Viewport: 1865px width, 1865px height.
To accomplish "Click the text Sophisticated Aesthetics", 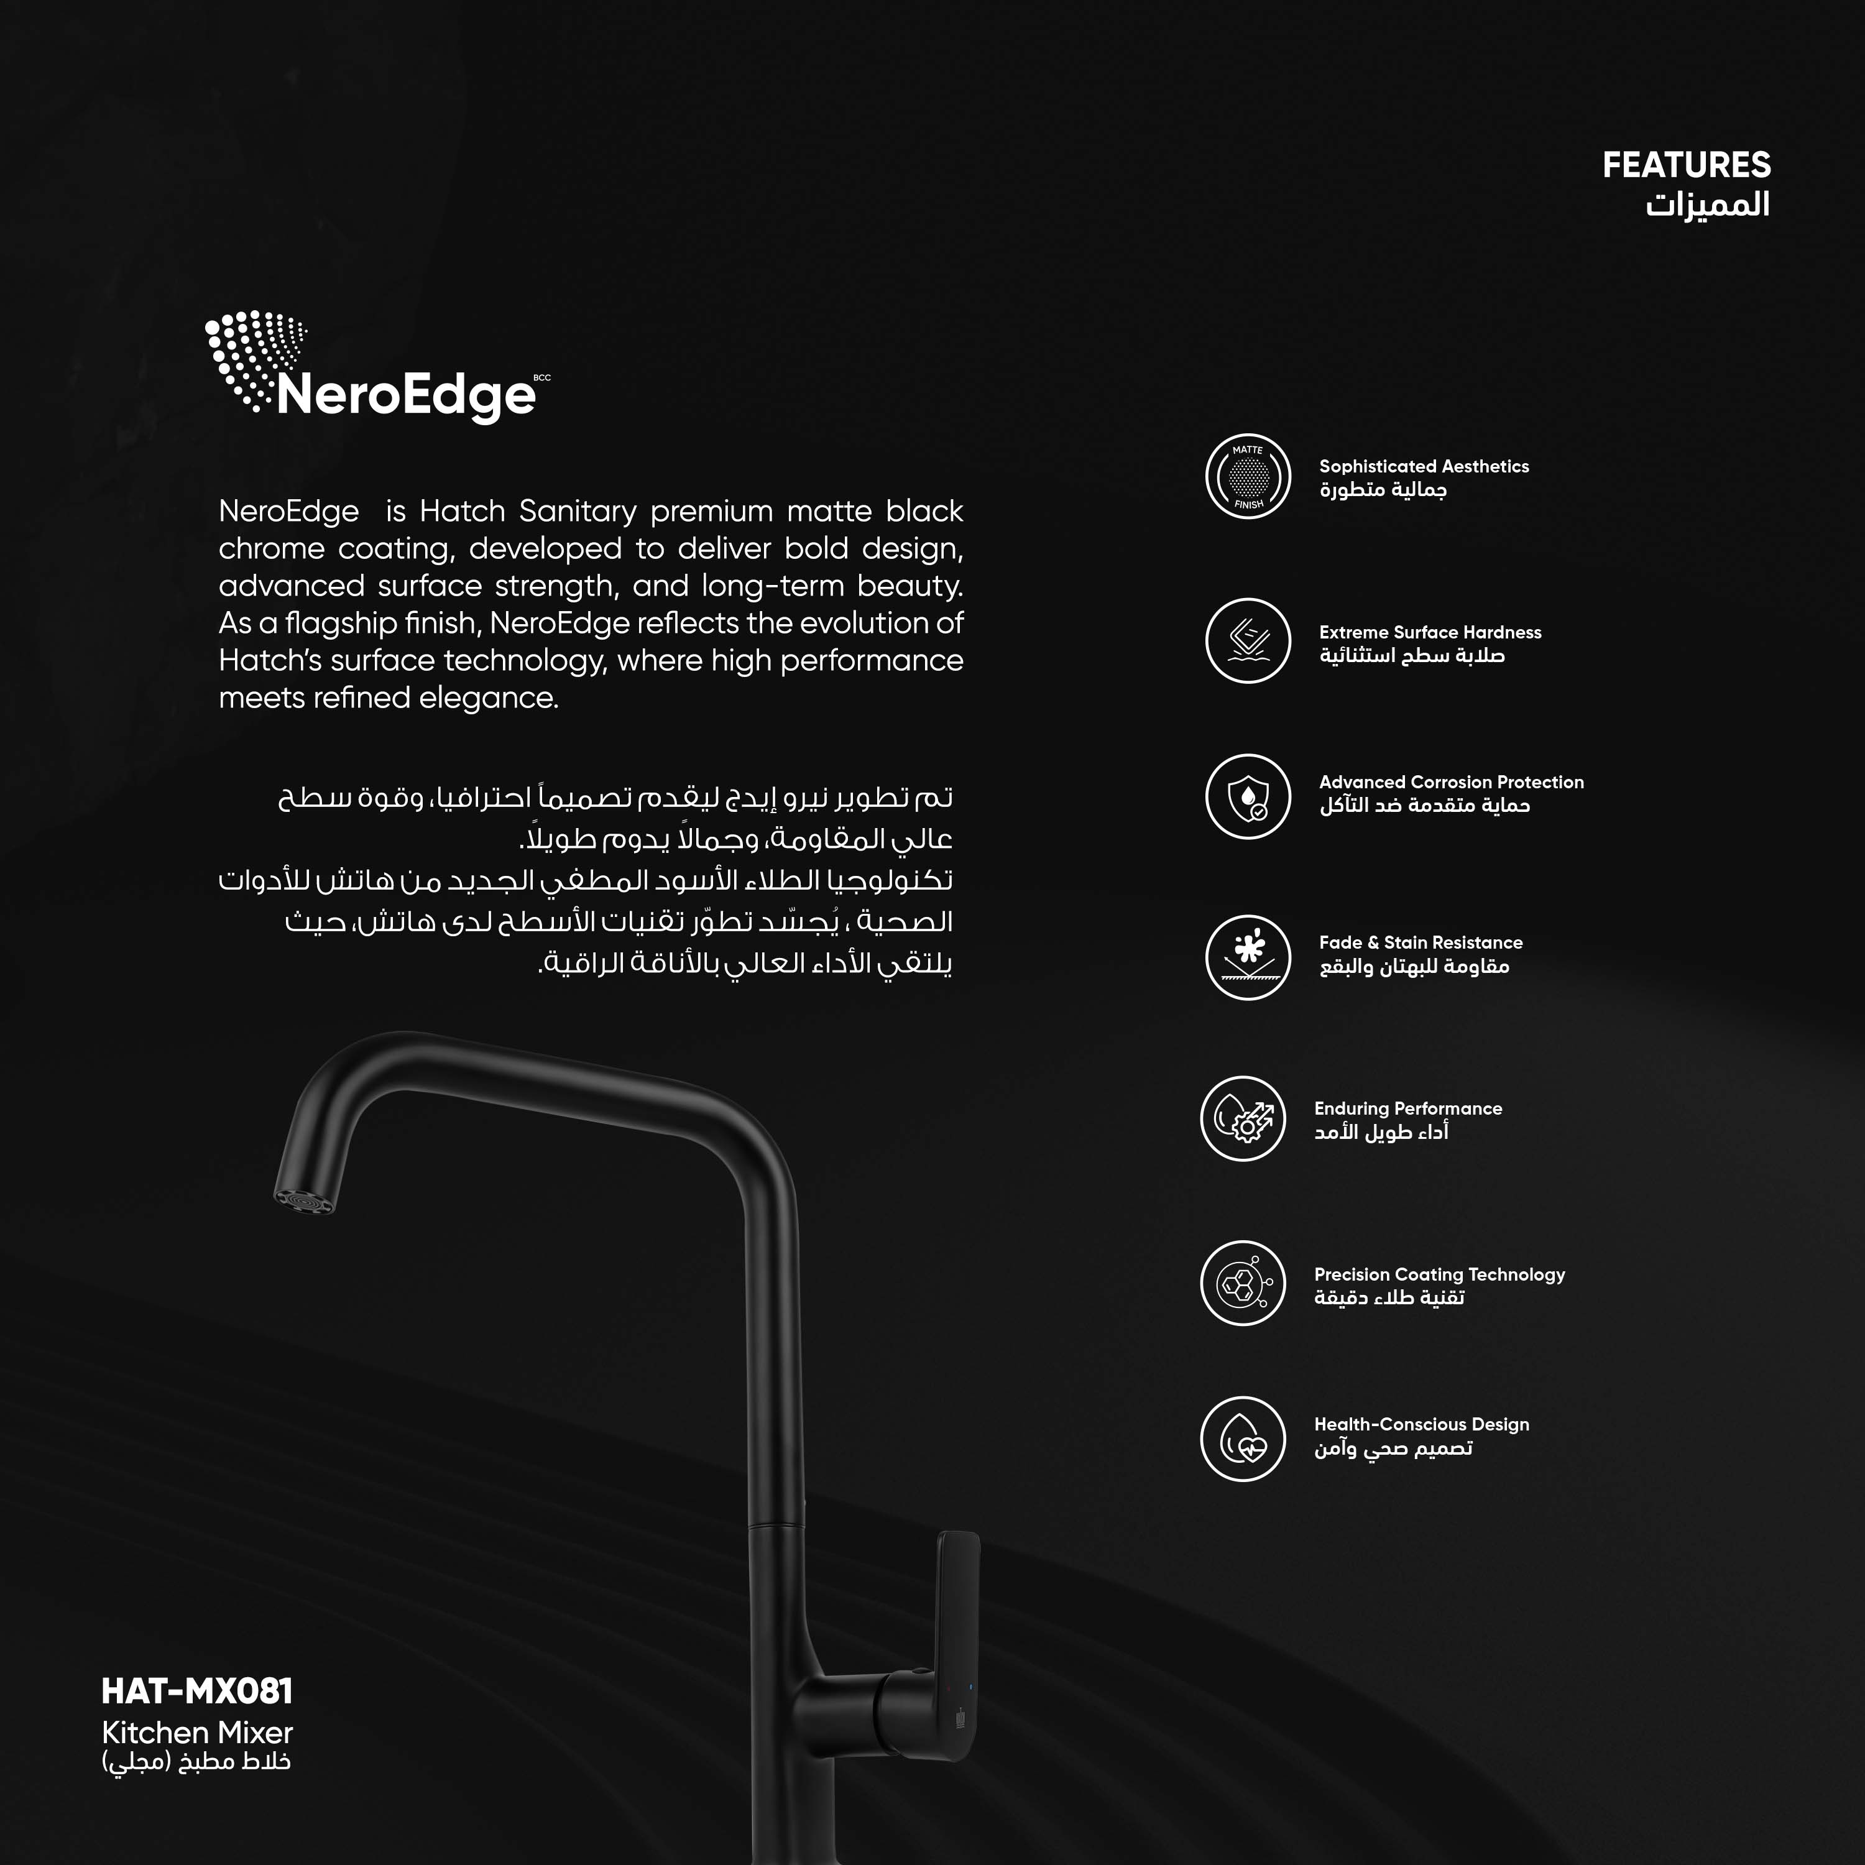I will pos(1424,466).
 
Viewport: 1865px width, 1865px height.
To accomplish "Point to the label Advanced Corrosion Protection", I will pos(1451,782).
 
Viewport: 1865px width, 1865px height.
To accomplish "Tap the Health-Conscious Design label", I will pos(1421,1424).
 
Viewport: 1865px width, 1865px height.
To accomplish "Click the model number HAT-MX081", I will pos(197,1691).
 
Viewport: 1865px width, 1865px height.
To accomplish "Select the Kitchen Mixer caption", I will pos(197,1733).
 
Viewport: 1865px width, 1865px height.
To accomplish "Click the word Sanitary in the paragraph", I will pos(578,510).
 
